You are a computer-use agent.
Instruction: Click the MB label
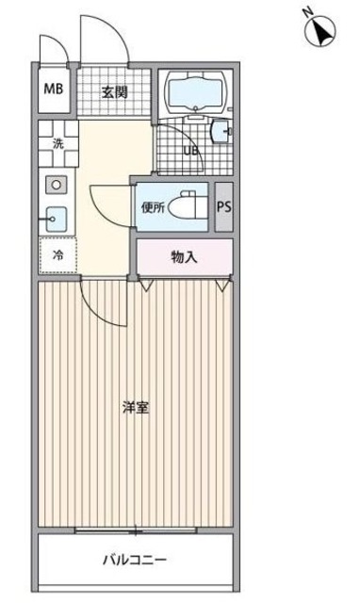[x=53, y=91]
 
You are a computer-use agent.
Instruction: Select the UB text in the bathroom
[x=191, y=149]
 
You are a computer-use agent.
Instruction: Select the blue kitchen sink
[x=54, y=218]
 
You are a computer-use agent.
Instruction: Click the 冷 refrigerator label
[x=57, y=254]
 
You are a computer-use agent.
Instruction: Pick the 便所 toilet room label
[x=154, y=206]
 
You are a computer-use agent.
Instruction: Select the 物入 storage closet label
[x=184, y=256]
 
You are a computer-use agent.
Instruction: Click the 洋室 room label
[x=136, y=408]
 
